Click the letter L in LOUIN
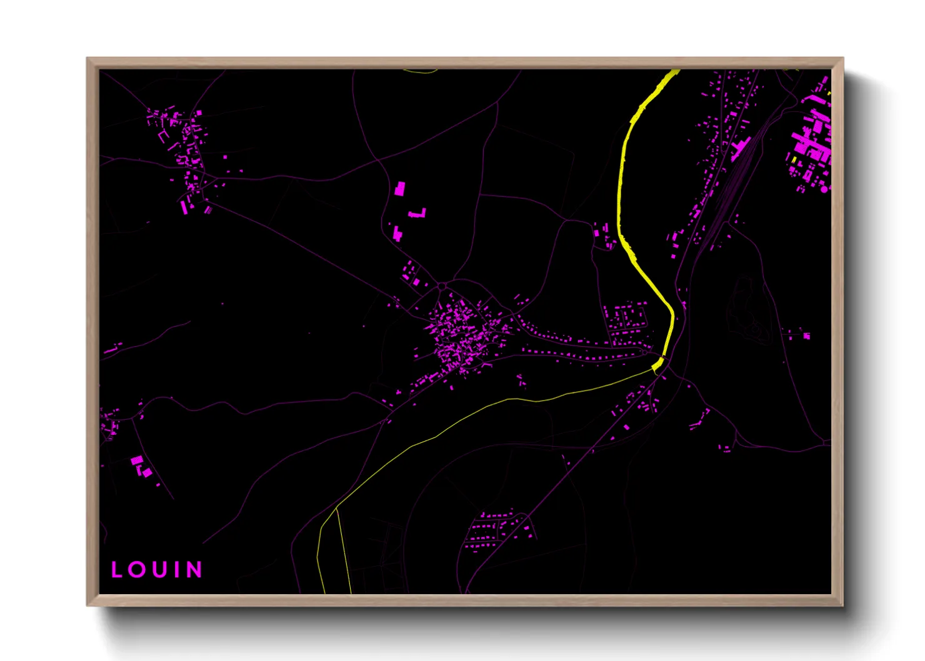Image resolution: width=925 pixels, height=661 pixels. [x=116, y=570]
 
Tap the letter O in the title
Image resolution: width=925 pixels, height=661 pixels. [x=136, y=570]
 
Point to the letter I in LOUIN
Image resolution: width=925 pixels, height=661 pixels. [x=177, y=570]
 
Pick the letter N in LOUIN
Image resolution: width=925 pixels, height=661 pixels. [x=194, y=570]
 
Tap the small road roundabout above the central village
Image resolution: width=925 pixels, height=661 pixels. [x=442, y=287]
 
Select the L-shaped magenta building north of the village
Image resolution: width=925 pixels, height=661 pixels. [x=418, y=214]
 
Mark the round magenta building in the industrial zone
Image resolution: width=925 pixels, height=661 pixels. [x=824, y=189]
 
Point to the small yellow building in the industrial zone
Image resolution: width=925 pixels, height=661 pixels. [x=794, y=160]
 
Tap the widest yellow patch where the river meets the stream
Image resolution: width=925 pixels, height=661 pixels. [x=658, y=364]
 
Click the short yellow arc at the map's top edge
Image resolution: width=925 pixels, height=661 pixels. [x=420, y=71]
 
